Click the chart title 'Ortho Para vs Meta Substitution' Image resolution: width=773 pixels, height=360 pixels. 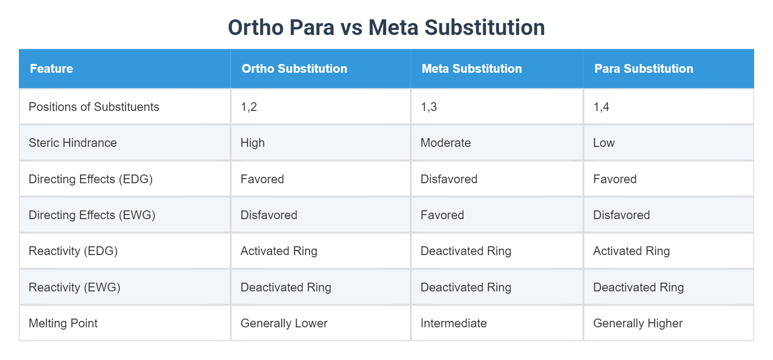[x=386, y=28]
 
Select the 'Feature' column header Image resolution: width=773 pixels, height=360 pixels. [x=52, y=69]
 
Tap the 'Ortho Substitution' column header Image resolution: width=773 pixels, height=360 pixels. [x=294, y=69]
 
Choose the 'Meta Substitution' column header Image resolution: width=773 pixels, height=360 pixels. [x=472, y=69]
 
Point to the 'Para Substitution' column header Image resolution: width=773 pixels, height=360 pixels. [x=644, y=69]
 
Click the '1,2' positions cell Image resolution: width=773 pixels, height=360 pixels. [x=249, y=107]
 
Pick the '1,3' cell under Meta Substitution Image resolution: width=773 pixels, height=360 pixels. [x=429, y=107]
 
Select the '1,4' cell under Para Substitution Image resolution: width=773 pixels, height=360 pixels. [x=601, y=107]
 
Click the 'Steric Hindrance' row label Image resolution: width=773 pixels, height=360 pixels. [x=73, y=143]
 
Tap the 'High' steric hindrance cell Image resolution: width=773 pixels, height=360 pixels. [x=253, y=143]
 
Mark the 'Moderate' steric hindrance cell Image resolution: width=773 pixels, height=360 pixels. [x=445, y=143]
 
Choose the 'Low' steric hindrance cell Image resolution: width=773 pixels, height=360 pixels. [x=604, y=143]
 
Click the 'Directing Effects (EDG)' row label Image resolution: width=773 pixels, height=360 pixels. [x=91, y=179]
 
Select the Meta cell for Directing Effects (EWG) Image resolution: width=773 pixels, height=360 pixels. [x=442, y=215]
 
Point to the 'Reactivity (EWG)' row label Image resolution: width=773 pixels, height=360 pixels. [x=75, y=287]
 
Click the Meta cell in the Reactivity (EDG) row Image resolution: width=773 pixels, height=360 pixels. [x=466, y=251]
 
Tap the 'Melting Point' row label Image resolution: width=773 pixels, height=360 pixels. [x=63, y=323]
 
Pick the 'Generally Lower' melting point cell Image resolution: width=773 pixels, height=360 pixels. [x=284, y=323]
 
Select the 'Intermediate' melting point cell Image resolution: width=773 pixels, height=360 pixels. [x=454, y=323]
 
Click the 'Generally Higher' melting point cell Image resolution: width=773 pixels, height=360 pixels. [x=638, y=323]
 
